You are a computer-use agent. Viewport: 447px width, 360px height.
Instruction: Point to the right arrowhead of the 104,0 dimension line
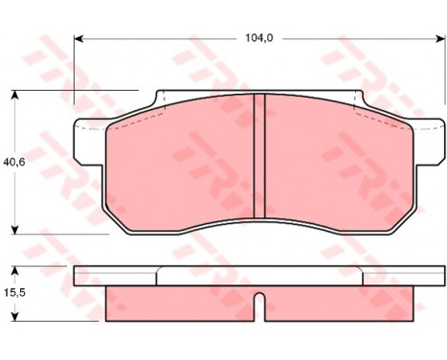[x=442, y=39]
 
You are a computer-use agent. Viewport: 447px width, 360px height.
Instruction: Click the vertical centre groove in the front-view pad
[x=259, y=158]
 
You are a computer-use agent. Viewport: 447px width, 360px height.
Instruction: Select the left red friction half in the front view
[x=182, y=163]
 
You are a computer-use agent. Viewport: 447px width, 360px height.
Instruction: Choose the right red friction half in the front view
[x=335, y=163]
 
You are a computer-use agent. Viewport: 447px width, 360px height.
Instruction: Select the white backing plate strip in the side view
[x=259, y=276]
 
